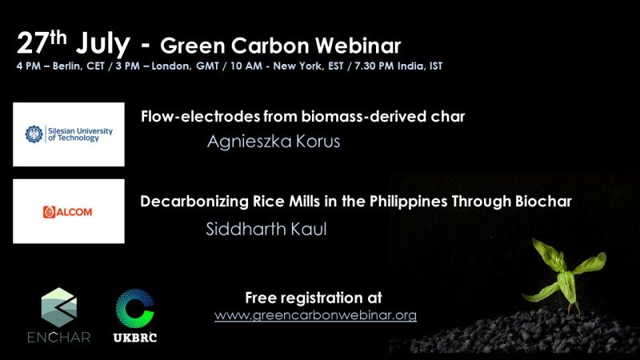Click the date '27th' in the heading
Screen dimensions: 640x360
(x=42, y=42)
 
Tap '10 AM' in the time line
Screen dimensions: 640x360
(x=246, y=66)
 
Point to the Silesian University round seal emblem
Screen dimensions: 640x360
(x=34, y=134)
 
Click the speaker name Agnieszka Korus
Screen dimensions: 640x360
(x=274, y=142)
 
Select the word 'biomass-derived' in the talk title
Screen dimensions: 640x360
(x=355, y=117)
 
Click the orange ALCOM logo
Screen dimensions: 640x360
(x=67, y=212)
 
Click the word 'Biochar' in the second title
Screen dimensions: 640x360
(x=543, y=202)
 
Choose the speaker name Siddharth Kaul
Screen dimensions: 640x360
(x=266, y=229)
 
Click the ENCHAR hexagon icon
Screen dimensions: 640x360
(x=59, y=307)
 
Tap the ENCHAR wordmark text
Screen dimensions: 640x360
(x=59, y=337)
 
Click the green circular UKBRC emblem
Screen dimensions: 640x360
(x=135, y=309)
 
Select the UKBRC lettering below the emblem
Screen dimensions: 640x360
(x=135, y=338)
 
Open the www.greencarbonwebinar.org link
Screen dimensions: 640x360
(x=315, y=315)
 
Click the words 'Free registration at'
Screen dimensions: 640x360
(x=314, y=298)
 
